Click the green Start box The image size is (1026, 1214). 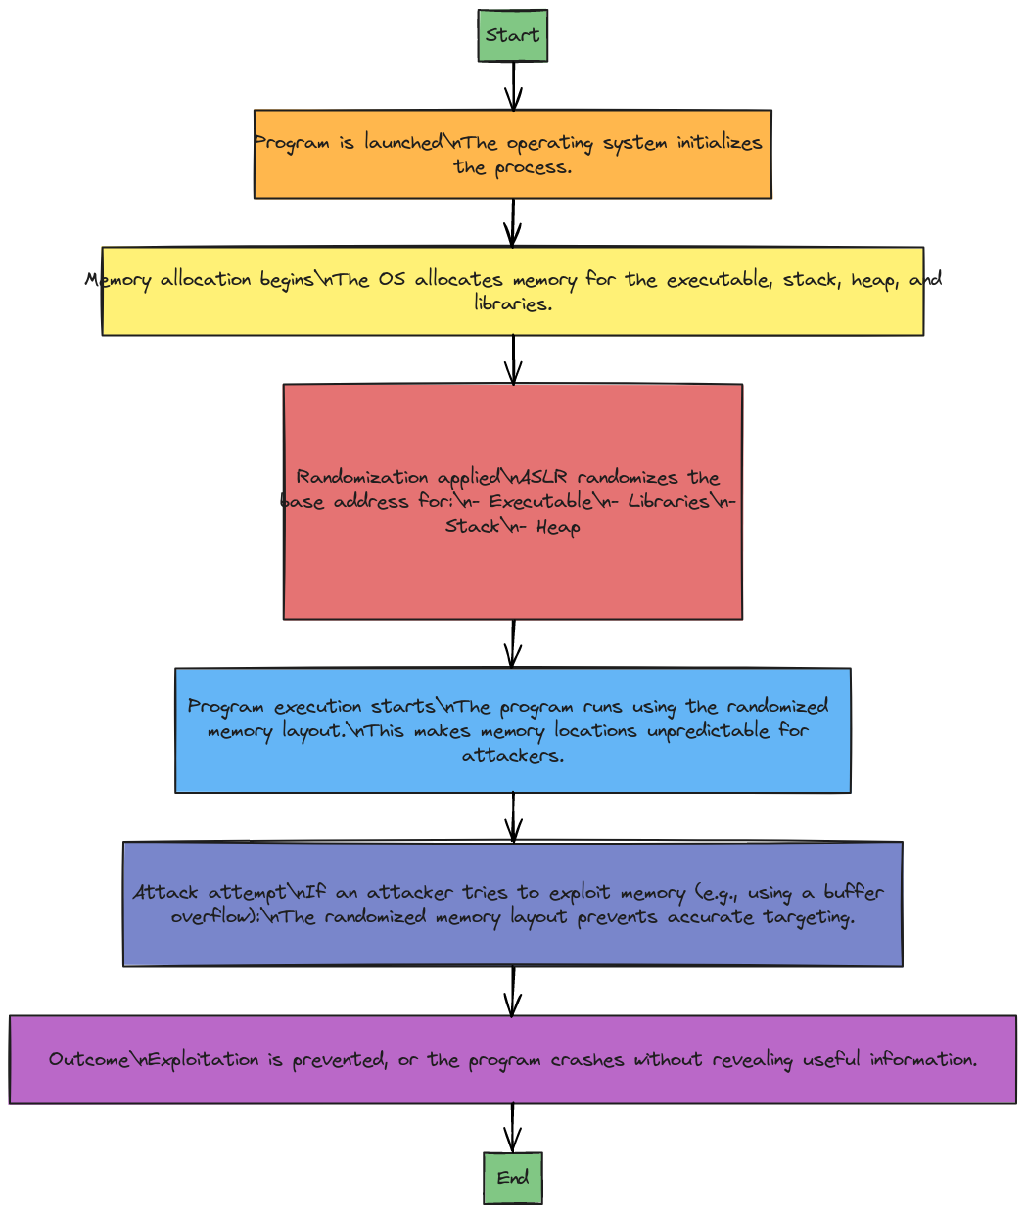pos(513,35)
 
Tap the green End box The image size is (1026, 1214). pos(513,1178)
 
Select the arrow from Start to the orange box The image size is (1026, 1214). pos(513,86)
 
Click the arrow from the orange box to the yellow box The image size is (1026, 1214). pos(513,222)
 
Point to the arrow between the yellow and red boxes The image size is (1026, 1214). pos(513,359)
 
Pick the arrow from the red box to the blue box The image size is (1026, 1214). pos(513,643)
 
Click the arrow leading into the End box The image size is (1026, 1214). pos(513,1128)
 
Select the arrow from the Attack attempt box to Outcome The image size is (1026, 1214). pos(513,992)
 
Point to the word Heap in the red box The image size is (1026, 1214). pos(558,527)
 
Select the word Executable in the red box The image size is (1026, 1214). pos(540,501)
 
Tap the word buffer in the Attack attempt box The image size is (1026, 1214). pos(854,892)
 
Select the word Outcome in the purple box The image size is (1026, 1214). pos(89,1059)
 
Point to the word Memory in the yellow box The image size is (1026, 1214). pos(118,280)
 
